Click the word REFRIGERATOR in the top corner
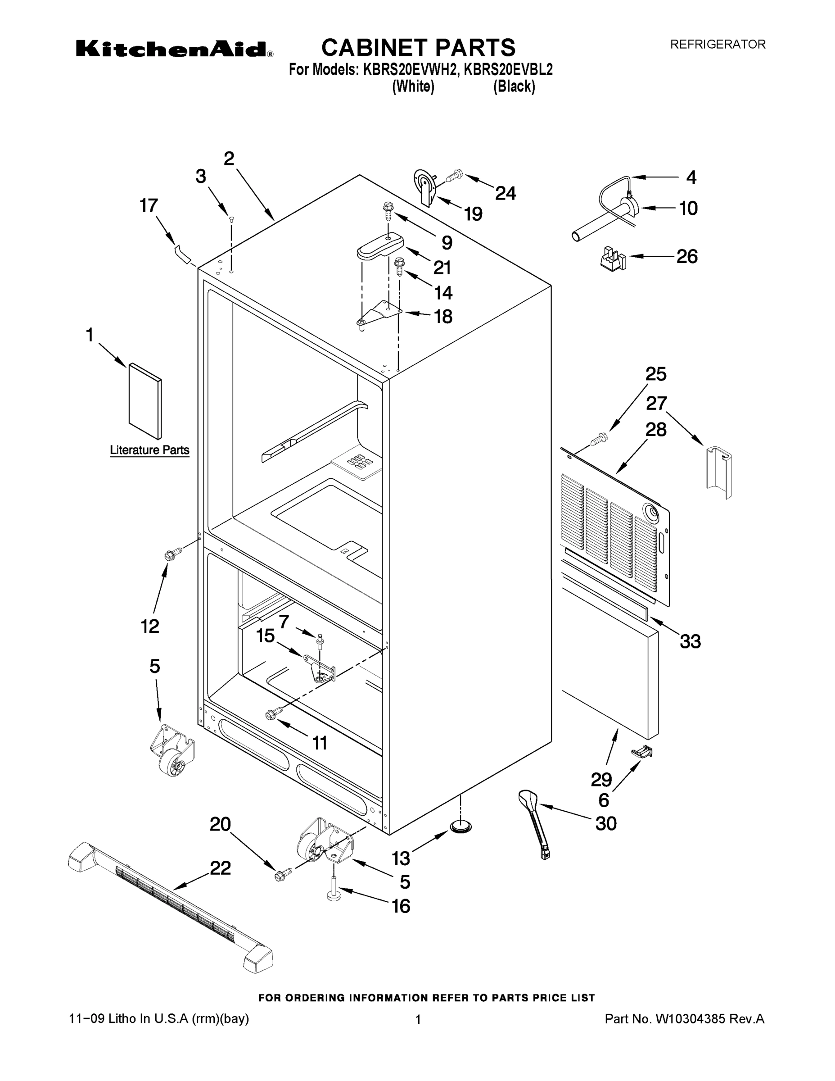[x=717, y=45]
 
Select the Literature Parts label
[x=149, y=450]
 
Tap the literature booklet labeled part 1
[x=144, y=401]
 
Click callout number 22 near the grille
[x=220, y=868]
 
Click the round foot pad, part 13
[x=460, y=825]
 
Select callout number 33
[x=690, y=641]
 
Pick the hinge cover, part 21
[x=379, y=246]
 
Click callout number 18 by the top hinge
[x=443, y=316]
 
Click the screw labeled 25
[x=599, y=437]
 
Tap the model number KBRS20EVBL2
[x=508, y=70]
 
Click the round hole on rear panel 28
[x=650, y=513]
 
